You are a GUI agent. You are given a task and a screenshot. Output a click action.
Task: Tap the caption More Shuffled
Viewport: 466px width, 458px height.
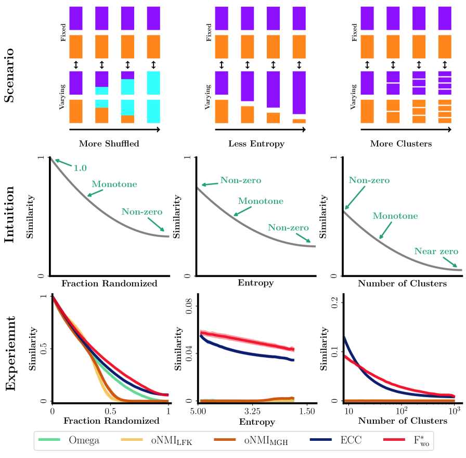[109, 143]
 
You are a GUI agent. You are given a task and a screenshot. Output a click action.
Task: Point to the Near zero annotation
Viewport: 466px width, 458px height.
[436, 251]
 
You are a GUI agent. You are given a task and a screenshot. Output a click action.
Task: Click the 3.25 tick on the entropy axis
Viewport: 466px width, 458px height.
[252, 411]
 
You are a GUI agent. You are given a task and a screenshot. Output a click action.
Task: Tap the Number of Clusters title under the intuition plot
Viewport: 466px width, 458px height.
[402, 284]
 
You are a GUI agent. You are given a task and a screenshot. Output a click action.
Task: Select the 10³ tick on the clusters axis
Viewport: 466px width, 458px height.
[455, 411]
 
